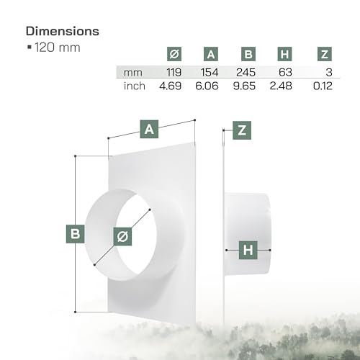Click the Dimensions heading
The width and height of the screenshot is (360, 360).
click(x=62, y=32)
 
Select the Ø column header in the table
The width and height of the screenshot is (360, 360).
click(x=173, y=54)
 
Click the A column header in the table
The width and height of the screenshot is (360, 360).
click(x=210, y=54)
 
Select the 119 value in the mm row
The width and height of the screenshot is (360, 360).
click(x=174, y=72)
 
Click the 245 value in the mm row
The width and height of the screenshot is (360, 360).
click(x=247, y=72)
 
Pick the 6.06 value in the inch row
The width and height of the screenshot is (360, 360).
click(x=211, y=86)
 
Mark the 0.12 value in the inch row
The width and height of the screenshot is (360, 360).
click(x=325, y=86)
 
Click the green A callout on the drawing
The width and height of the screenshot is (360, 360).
click(x=149, y=130)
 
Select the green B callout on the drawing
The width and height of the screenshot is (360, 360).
click(x=75, y=233)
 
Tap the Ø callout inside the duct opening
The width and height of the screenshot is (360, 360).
click(x=122, y=235)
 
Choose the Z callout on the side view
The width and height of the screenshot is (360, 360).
click(x=243, y=130)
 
